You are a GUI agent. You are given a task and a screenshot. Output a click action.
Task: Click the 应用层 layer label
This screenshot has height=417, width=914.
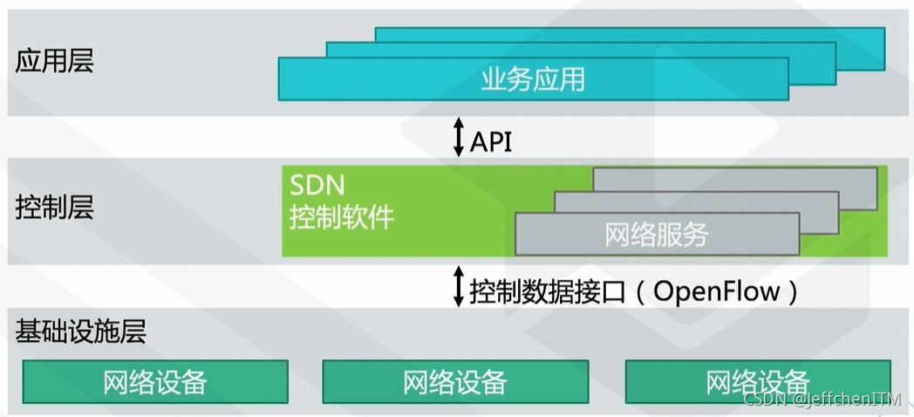pos(55,62)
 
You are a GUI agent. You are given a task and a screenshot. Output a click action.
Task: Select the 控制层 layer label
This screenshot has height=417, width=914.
pos(55,208)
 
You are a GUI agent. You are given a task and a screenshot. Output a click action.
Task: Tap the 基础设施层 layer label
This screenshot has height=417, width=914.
pos(80,332)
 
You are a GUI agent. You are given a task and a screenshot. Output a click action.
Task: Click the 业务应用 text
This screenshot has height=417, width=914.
pos(533,79)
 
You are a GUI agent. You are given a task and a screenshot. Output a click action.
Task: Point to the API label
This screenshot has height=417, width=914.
pos(491,140)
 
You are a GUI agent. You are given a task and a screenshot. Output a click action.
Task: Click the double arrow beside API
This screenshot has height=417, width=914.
pos(459,140)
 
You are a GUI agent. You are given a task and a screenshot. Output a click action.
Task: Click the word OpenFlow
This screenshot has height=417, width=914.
pos(716,291)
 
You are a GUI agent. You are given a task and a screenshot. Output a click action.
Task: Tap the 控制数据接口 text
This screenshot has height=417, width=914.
pos(548,291)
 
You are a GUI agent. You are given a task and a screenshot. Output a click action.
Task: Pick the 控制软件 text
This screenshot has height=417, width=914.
pos(342,216)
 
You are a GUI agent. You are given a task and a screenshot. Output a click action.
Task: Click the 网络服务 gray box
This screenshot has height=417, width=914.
pos(657,235)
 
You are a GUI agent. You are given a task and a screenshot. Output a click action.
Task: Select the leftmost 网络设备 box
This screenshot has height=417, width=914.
pos(155,382)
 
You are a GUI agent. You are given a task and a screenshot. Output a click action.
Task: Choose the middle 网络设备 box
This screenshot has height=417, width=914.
pos(455,382)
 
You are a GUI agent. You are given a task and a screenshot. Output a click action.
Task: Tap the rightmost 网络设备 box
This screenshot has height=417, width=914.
pos(758,382)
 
